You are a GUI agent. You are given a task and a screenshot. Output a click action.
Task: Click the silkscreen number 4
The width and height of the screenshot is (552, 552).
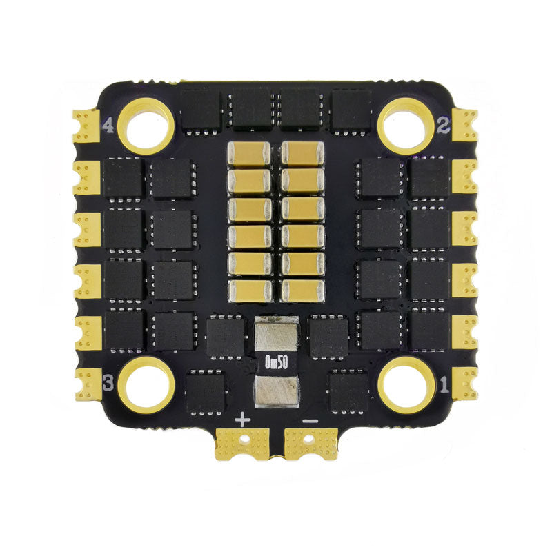click(x=108, y=126)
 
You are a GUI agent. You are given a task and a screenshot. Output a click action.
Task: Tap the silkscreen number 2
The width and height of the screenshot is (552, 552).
click(x=444, y=126)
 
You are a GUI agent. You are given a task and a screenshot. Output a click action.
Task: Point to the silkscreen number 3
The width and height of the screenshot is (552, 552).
click(x=108, y=383)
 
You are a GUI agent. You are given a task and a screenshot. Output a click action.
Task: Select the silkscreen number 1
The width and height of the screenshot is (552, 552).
click(x=444, y=385)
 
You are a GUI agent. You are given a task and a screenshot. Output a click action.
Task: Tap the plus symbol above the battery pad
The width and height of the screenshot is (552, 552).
click(x=243, y=420)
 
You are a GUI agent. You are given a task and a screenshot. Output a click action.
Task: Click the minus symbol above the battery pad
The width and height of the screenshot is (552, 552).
click(x=310, y=420)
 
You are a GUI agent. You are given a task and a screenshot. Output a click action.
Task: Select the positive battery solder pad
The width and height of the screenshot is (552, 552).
click(x=243, y=444)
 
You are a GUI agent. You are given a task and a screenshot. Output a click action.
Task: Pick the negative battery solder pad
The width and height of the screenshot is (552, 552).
click(x=311, y=444)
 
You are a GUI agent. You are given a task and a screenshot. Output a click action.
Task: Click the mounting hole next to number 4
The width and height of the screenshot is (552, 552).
click(x=146, y=126)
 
